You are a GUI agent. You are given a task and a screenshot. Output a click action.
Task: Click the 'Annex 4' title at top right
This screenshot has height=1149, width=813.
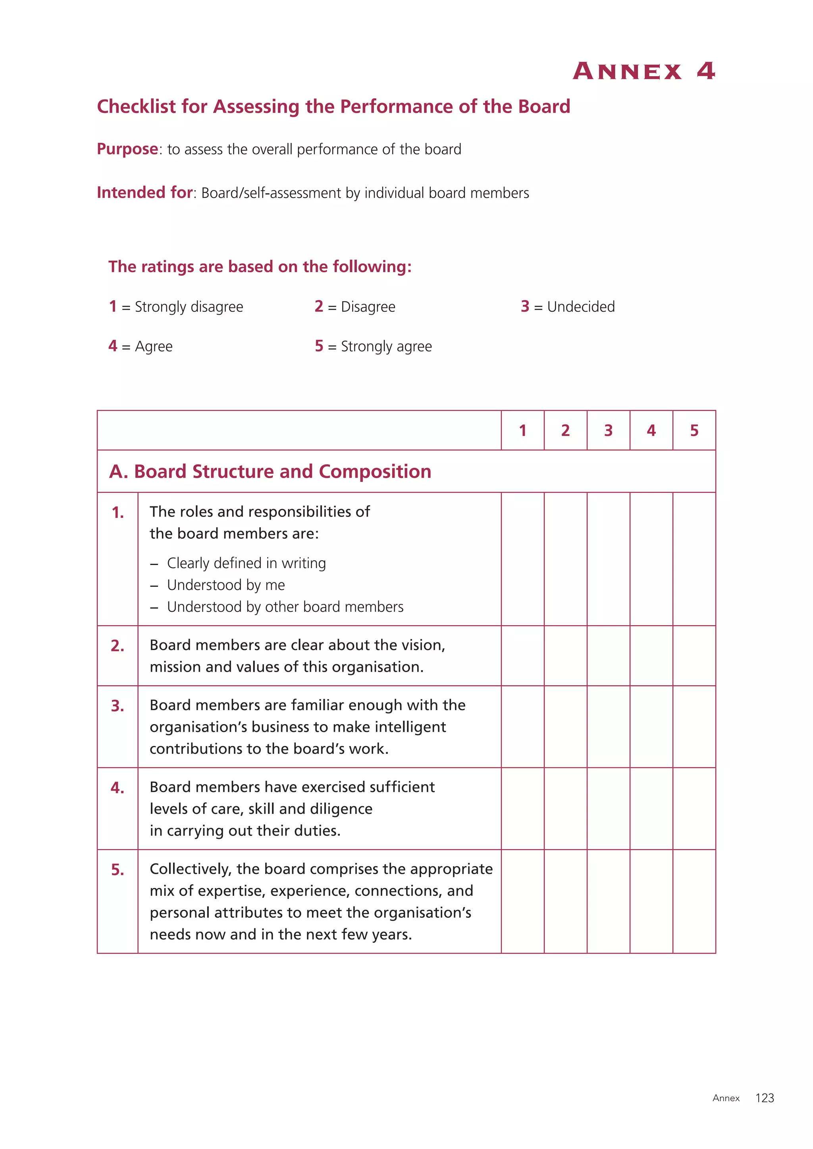coord(644,71)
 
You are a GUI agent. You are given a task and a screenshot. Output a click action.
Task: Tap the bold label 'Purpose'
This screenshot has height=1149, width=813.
coord(127,149)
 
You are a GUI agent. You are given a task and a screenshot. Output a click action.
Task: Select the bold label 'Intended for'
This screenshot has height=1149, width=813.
coord(144,193)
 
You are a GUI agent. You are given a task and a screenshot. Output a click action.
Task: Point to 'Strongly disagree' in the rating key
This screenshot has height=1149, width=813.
coord(189,307)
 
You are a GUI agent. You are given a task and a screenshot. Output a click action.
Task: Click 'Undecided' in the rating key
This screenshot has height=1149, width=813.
coord(581,307)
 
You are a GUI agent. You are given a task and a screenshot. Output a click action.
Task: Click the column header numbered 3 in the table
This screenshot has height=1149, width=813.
coord(608,430)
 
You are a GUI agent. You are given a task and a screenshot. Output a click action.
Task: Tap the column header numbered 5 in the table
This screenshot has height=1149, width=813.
coord(694,430)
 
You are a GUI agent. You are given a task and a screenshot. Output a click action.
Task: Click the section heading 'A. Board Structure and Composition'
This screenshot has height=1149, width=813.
coord(270,471)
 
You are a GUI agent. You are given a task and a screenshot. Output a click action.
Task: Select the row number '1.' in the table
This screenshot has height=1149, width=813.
coord(118,513)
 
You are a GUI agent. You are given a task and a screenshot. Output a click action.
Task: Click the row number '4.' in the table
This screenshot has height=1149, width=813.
coord(118,788)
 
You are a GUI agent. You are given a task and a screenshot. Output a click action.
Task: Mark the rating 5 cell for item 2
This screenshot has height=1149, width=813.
coord(694,655)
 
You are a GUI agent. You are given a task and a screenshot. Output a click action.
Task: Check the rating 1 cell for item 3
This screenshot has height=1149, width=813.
coord(523,726)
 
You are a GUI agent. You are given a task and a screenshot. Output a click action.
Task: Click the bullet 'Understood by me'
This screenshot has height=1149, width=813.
coord(226,585)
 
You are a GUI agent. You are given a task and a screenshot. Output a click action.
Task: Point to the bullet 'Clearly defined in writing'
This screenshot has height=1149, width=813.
coord(246,563)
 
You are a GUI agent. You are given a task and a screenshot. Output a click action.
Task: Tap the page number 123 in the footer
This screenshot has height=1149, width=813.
coord(765,1098)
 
